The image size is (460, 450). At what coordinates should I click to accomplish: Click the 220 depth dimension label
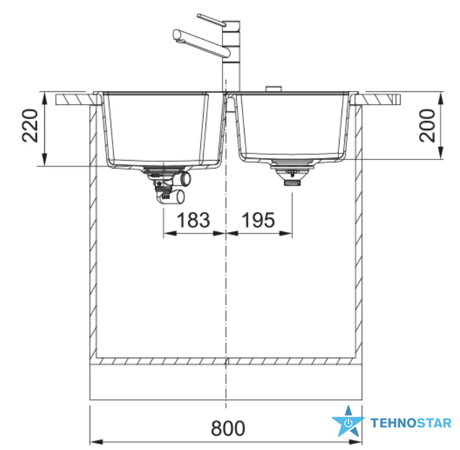click(30, 126)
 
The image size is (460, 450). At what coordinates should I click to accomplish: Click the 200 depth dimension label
click(427, 126)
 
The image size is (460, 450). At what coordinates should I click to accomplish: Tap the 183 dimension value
click(193, 220)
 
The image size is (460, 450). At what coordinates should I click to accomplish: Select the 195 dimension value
click(258, 220)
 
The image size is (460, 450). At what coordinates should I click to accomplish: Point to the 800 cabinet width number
click(228, 429)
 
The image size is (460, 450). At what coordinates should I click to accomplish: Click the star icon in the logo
click(348, 421)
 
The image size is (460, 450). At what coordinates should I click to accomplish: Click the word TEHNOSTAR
click(411, 423)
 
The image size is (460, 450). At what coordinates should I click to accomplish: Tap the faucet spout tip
click(176, 35)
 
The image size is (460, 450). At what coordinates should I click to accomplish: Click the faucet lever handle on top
click(211, 20)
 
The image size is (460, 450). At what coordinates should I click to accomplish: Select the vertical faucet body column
click(231, 56)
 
